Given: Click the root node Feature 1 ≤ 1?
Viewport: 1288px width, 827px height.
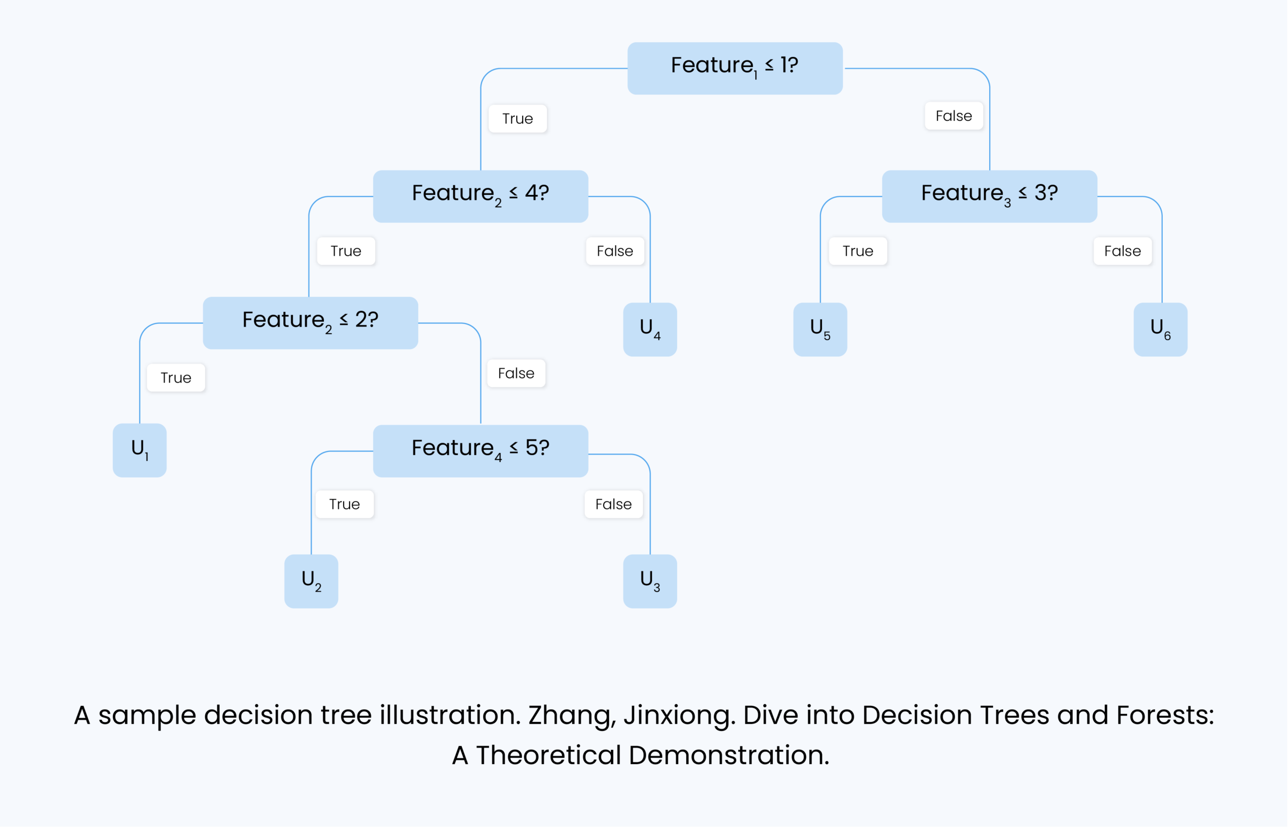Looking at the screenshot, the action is (x=735, y=68).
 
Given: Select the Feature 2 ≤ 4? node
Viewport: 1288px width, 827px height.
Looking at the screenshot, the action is (x=480, y=196).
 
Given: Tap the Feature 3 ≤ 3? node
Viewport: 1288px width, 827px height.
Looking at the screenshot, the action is (x=989, y=196).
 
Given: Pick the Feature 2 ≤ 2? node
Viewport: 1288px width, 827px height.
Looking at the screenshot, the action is (x=310, y=323).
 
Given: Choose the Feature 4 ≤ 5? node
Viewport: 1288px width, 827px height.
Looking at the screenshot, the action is (x=480, y=450).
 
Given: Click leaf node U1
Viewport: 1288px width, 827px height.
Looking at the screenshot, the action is (x=139, y=450).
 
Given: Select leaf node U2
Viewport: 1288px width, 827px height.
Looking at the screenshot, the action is (x=311, y=581).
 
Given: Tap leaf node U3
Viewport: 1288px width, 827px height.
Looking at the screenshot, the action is (x=650, y=581).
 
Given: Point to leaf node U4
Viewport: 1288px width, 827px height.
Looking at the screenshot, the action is (x=650, y=329).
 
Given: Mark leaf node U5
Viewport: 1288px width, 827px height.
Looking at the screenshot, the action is (x=820, y=329).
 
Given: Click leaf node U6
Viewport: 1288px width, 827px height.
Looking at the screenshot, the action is (x=1160, y=329).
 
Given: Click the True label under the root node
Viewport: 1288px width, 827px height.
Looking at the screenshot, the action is (x=517, y=118).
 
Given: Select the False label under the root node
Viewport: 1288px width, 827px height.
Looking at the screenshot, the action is (x=953, y=115).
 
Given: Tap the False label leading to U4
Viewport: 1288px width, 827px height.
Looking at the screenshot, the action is (x=615, y=251).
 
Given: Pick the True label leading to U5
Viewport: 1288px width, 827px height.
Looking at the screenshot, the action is (x=858, y=251).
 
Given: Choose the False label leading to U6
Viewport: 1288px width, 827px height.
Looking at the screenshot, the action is (x=1122, y=251).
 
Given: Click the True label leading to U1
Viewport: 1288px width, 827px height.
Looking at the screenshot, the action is (x=176, y=378).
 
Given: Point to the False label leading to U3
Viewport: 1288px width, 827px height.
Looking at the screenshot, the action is (x=613, y=504).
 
